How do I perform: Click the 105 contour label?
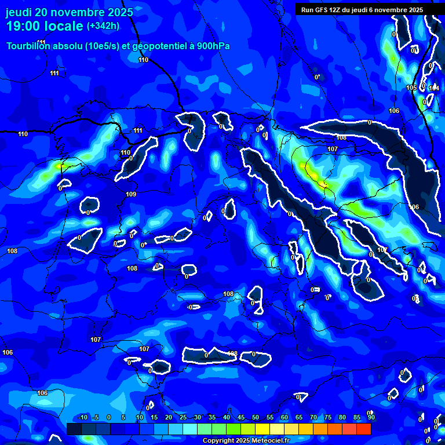(411, 88)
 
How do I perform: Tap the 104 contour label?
(434, 88)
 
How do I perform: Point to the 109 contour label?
(131, 194)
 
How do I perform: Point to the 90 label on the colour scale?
(371, 417)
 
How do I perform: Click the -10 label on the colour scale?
(82, 417)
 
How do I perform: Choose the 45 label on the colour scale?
(240, 417)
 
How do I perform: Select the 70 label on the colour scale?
(313, 417)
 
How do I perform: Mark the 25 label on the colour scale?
(183, 417)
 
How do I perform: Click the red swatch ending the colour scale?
(363, 429)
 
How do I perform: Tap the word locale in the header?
(65, 26)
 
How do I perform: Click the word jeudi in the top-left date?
(19, 12)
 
